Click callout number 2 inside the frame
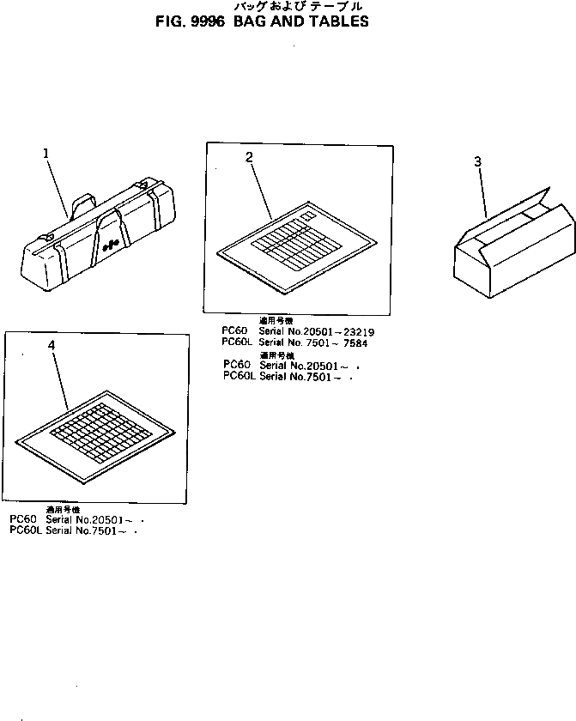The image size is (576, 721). click(x=249, y=157)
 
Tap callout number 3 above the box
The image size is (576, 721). click(x=477, y=161)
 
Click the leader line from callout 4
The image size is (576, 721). click(x=60, y=379)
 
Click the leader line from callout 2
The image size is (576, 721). click(x=260, y=189)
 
